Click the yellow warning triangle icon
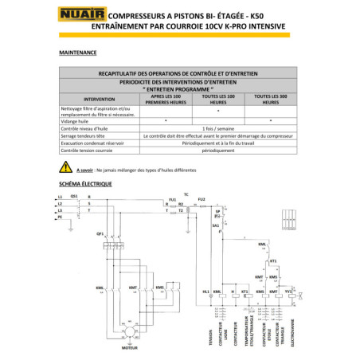point(65,168)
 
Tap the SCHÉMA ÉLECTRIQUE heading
point(86,184)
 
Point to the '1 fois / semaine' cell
point(217,127)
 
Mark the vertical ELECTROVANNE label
point(298,327)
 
